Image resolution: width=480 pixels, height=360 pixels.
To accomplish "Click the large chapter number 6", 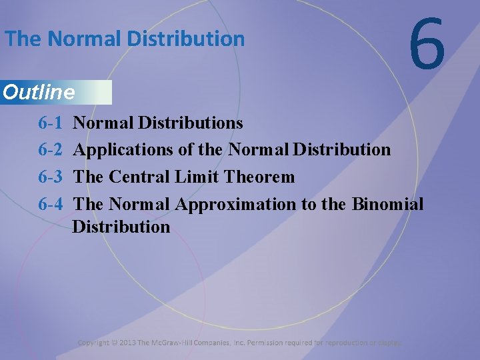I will (x=427, y=44).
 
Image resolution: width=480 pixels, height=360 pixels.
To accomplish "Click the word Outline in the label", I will (x=39, y=93).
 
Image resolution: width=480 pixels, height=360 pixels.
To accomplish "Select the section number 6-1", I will (x=51, y=123).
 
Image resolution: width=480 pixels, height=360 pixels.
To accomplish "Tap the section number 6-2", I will (x=51, y=149).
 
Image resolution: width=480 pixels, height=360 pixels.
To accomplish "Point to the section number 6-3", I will (x=51, y=177).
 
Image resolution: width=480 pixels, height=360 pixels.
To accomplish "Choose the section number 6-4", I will (x=51, y=203).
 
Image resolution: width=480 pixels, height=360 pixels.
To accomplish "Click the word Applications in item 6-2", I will (x=123, y=150).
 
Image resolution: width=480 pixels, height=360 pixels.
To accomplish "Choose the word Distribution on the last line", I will (x=121, y=227).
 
